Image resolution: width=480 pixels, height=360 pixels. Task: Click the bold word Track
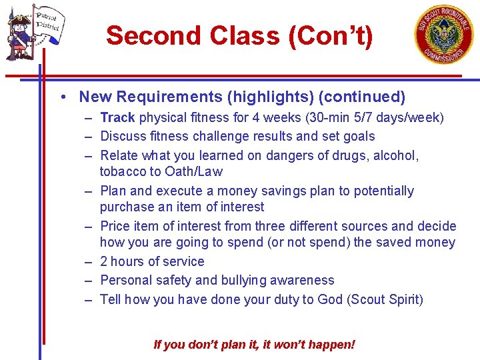click(117, 118)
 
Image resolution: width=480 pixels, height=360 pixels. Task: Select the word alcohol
click(394, 155)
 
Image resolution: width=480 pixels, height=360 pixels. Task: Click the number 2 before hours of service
click(104, 262)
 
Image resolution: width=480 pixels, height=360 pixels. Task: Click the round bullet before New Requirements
click(61, 97)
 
